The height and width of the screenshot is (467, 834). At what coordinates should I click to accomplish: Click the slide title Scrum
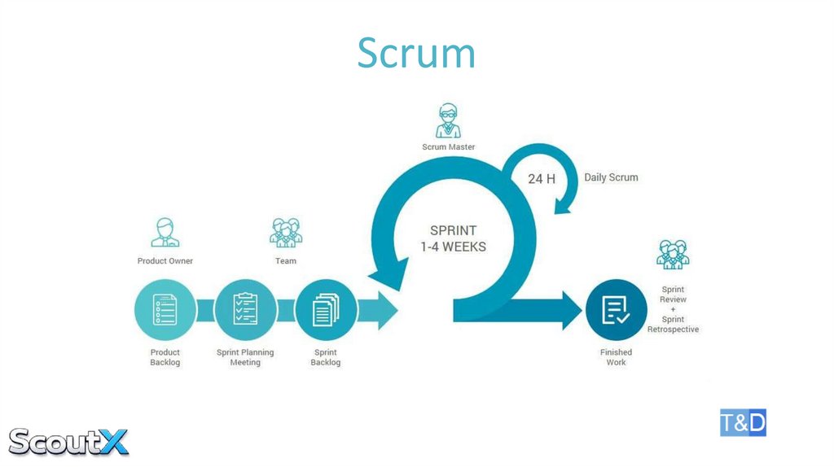click(x=416, y=53)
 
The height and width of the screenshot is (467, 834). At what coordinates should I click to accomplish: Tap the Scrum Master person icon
click(x=448, y=120)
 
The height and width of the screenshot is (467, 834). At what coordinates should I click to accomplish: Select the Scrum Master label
click(x=448, y=147)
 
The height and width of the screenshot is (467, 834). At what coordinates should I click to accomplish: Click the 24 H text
click(x=542, y=178)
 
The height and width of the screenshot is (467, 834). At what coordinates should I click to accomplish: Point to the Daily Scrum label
click(x=611, y=177)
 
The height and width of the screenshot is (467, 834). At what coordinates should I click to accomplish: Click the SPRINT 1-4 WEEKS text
click(x=453, y=238)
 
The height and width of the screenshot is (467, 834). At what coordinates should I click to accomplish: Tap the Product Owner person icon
click(x=165, y=232)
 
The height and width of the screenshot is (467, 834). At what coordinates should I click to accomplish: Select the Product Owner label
click(x=165, y=261)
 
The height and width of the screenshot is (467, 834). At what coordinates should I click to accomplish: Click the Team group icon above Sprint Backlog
click(x=285, y=232)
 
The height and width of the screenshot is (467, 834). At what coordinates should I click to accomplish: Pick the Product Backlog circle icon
click(x=165, y=310)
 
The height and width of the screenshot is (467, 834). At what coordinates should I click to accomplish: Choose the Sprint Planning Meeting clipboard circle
click(x=245, y=310)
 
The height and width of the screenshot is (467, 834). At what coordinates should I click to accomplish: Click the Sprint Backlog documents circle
click(x=325, y=310)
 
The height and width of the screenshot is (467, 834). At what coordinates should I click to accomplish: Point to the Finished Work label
click(x=616, y=357)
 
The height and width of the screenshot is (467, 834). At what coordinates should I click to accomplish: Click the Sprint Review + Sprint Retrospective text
click(x=673, y=309)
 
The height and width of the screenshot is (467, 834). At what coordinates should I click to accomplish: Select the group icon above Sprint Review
click(x=673, y=255)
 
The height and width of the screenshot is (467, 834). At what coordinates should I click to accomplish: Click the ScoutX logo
click(x=68, y=441)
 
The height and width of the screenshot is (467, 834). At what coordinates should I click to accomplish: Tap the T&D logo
click(x=743, y=423)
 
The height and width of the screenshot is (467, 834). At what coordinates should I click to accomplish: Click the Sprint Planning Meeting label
click(x=245, y=357)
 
